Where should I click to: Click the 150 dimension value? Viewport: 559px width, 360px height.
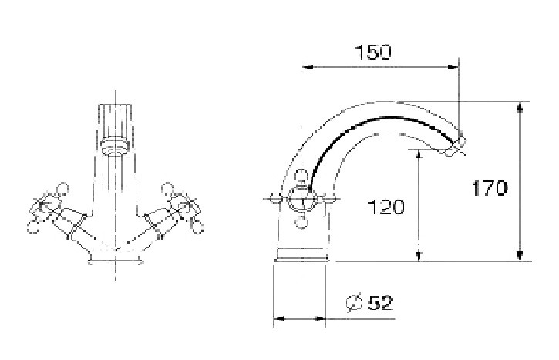point(372,52)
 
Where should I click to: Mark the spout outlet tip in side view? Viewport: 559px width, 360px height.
point(457,146)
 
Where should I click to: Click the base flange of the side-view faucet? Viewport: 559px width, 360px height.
point(303,254)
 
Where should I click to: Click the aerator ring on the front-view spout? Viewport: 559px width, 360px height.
point(115,143)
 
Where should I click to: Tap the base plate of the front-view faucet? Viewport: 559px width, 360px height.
point(115,261)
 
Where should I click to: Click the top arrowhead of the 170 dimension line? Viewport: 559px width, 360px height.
point(520,106)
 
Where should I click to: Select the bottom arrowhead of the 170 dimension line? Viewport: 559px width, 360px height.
point(520,257)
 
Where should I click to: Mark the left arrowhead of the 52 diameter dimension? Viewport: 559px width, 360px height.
point(278,318)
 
